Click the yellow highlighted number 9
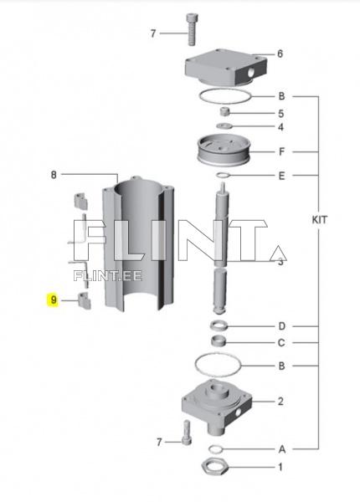(x=53, y=300)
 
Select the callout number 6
(x=280, y=54)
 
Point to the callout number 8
(x=53, y=175)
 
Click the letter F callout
(x=281, y=152)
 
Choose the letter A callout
(x=281, y=449)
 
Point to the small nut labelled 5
(x=224, y=112)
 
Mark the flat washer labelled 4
(x=224, y=126)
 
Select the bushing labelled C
(x=221, y=341)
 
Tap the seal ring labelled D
(x=219, y=325)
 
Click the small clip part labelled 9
(x=84, y=300)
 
